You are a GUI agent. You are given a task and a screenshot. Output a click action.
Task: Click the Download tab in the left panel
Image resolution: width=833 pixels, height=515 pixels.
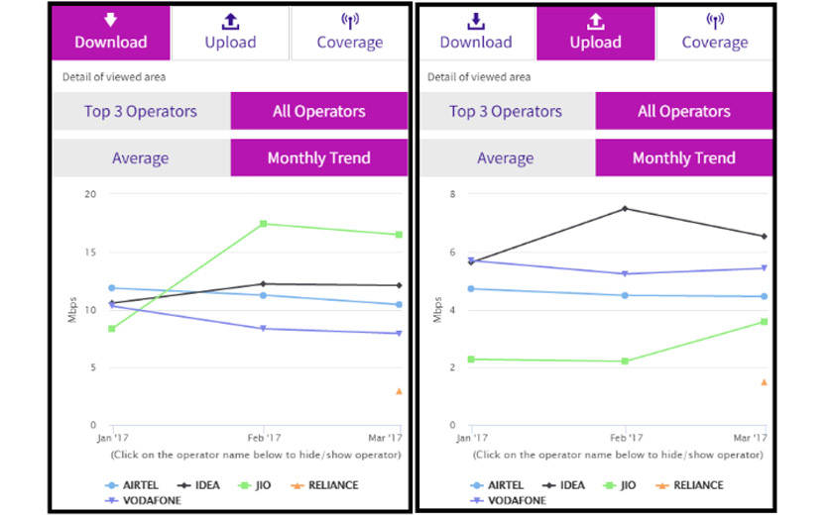point(111,32)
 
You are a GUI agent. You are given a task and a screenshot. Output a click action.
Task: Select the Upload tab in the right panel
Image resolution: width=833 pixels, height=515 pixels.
point(595,32)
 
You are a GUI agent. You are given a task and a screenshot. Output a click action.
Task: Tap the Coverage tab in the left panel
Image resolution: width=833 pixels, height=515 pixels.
point(349,32)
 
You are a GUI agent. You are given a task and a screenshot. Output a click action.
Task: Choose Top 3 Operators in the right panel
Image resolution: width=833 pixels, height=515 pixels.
point(506,111)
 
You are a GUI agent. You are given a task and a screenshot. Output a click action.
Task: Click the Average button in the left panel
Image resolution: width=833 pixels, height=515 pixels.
point(140,157)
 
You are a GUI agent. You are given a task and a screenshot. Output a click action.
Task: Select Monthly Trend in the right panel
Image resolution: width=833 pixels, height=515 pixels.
point(683,157)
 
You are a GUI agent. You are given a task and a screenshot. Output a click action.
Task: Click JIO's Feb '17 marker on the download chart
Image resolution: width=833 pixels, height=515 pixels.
point(263,224)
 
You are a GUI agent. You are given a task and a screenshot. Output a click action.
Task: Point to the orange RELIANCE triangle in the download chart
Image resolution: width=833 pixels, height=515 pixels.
point(399,391)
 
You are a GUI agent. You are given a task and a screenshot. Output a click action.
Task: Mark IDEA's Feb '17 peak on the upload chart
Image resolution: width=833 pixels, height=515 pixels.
point(625,209)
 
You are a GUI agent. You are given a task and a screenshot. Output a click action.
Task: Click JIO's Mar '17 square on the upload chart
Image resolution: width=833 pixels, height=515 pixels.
point(765,322)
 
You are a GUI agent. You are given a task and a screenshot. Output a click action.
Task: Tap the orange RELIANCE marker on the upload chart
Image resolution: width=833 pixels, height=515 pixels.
point(765,382)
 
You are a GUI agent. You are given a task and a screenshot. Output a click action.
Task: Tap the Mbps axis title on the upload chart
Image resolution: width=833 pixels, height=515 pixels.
point(437,309)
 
